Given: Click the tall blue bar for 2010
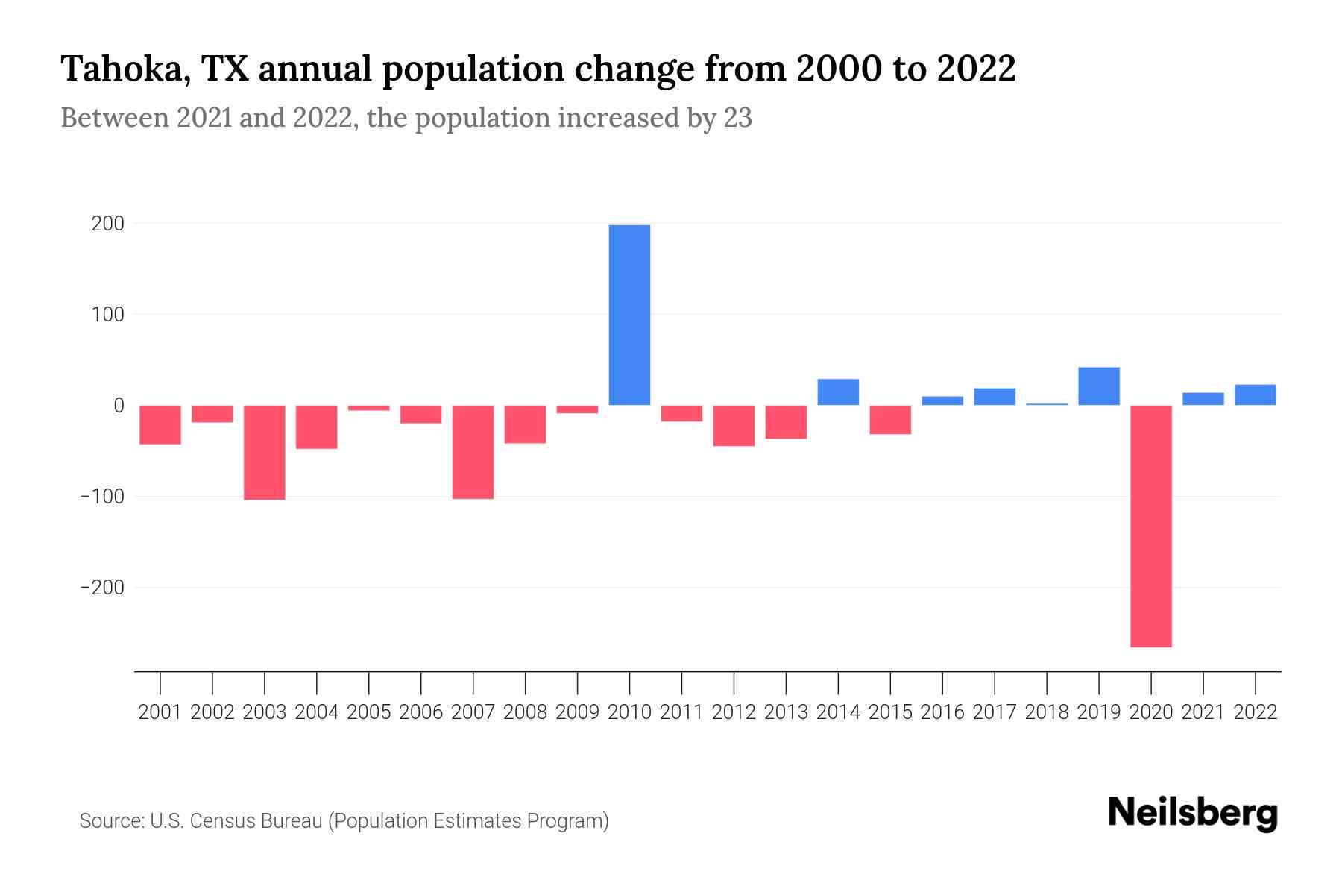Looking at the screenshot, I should [x=629, y=315].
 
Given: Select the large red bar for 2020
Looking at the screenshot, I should [x=1150, y=526].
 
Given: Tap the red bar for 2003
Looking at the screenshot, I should [x=265, y=452].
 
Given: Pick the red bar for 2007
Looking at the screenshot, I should [x=473, y=452].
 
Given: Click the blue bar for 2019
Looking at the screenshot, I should [x=1098, y=386].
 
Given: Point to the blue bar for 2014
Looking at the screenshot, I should [x=838, y=392].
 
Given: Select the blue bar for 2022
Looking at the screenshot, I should [x=1255, y=395].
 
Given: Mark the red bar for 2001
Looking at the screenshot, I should [x=160, y=424].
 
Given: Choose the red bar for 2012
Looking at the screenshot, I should [x=734, y=425].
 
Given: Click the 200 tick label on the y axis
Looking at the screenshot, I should [x=108, y=224].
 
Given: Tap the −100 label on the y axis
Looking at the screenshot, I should [x=102, y=497].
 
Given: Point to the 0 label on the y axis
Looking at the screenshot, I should [x=119, y=406].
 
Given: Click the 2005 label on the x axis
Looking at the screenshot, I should [x=369, y=712].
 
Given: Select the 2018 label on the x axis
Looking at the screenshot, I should [x=1046, y=712].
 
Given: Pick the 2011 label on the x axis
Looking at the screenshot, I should [x=681, y=712].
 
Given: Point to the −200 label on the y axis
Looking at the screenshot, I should [x=102, y=588].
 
